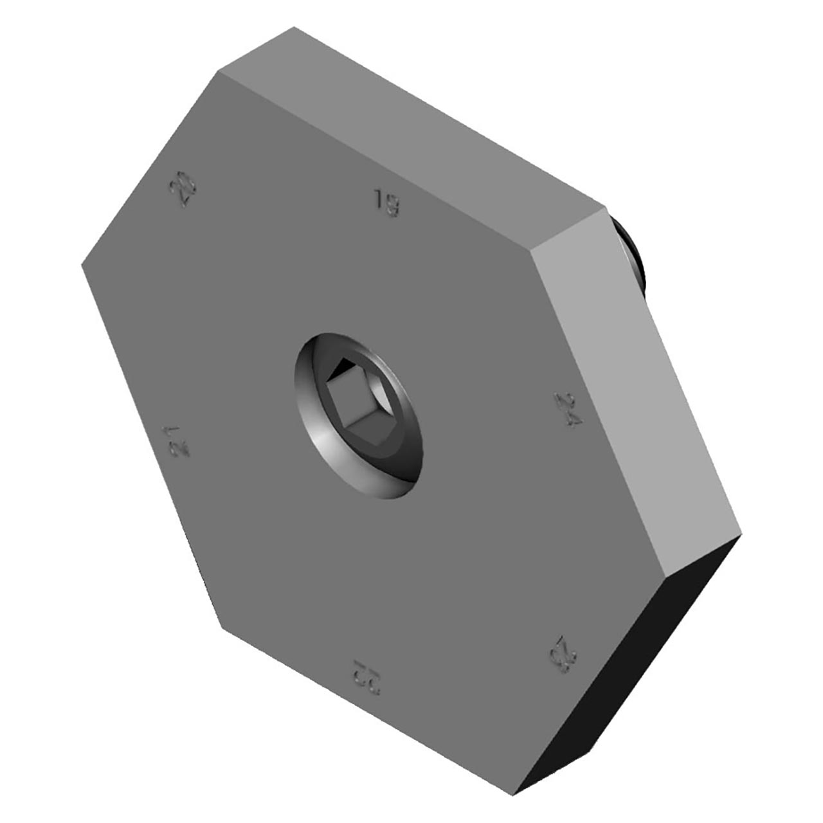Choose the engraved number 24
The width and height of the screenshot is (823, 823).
point(569,410)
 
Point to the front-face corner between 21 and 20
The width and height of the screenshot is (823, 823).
point(82,264)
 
